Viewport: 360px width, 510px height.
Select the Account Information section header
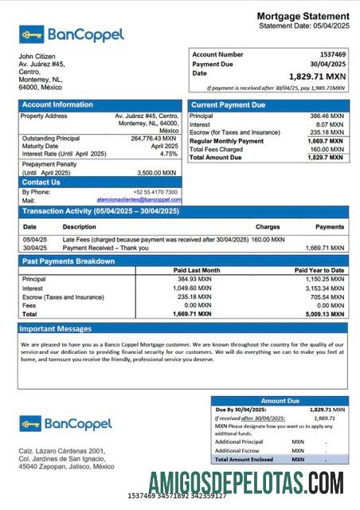click(57, 104)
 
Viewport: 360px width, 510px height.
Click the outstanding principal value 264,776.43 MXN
click(155, 139)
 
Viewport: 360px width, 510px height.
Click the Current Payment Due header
click(229, 104)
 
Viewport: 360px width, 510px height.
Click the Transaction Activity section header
click(100, 211)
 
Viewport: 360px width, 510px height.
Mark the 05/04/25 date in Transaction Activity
click(34, 238)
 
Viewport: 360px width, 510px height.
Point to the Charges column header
click(268, 227)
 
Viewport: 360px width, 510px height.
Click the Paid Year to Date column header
click(319, 270)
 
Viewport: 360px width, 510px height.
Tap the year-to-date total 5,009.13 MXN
click(326, 314)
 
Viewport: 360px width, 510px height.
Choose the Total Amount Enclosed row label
click(244, 459)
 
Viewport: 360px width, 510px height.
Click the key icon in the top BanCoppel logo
click(32, 34)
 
